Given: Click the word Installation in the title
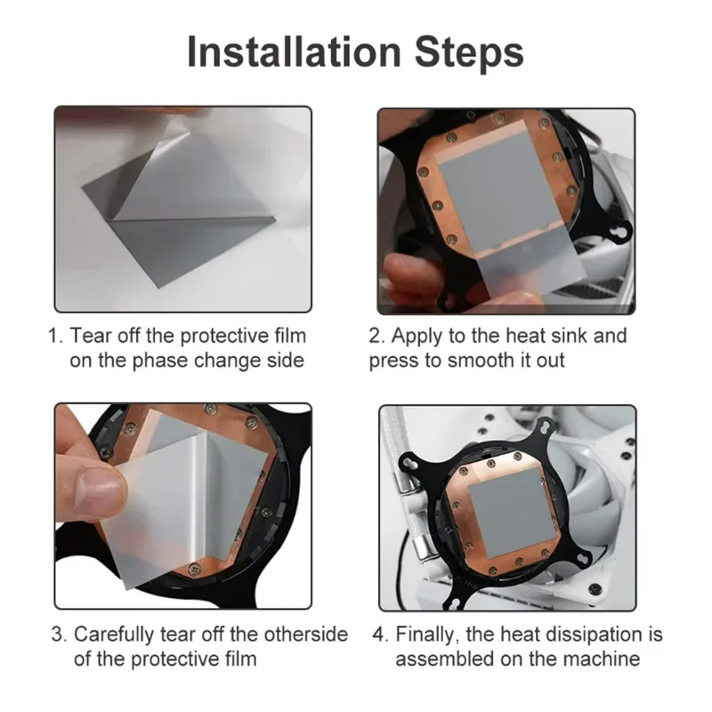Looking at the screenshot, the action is pyautogui.click(x=294, y=52).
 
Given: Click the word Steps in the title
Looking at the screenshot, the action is pyautogui.click(x=469, y=53).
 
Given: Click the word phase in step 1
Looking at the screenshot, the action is pyautogui.click(x=159, y=360).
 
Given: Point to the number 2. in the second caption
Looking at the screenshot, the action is pyautogui.click(x=376, y=336).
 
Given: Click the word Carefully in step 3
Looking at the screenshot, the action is pyautogui.click(x=114, y=635).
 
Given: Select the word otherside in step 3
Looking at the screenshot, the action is pyautogui.click(x=306, y=634).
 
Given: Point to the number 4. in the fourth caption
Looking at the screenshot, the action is pyautogui.click(x=381, y=634).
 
